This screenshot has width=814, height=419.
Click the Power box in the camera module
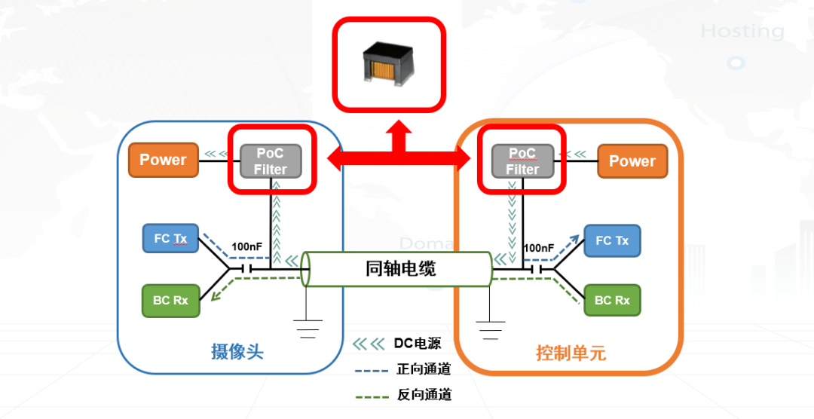[163, 160]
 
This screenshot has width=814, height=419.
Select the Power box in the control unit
[632, 161]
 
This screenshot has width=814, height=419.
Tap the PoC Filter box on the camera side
[270, 161]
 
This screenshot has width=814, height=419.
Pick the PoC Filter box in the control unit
[522, 161]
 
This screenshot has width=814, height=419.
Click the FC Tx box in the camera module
[170, 238]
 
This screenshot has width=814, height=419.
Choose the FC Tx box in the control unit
[612, 240]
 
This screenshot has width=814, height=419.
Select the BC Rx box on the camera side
[170, 300]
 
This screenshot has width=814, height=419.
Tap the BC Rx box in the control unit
[612, 300]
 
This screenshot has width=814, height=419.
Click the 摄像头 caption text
[237, 352]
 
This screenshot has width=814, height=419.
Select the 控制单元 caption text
[571, 353]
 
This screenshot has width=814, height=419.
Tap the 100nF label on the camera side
[246, 246]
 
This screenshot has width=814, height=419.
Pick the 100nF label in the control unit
[538, 247]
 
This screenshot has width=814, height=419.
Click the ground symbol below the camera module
[308, 329]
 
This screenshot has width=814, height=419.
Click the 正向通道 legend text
[424, 369]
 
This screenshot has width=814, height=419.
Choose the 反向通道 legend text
[424, 395]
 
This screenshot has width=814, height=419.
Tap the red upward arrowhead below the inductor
[396, 136]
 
